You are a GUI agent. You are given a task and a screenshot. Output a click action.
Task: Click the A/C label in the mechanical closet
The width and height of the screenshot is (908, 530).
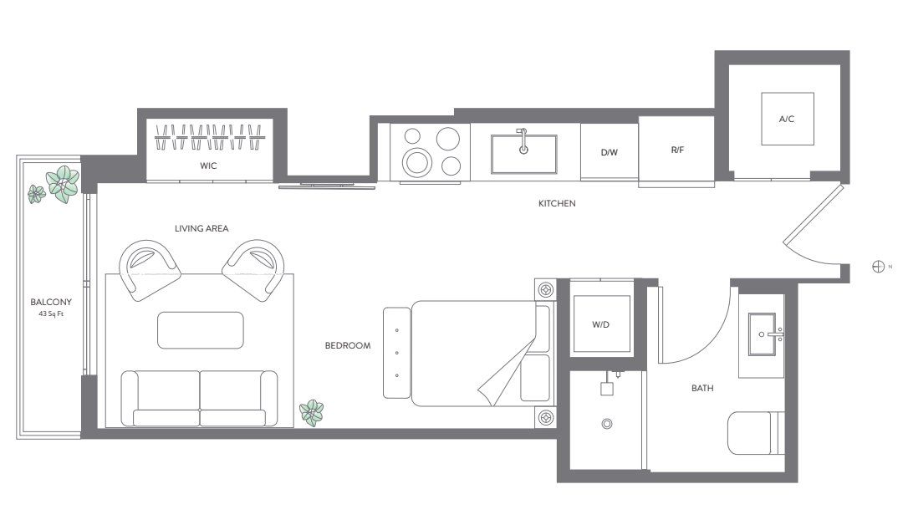click(786, 120)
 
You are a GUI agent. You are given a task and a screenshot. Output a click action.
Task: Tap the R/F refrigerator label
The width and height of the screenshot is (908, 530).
click(677, 150)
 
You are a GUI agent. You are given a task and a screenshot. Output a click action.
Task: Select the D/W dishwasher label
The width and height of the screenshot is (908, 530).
click(609, 154)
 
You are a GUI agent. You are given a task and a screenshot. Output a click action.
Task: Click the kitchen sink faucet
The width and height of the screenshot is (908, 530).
click(523, 142)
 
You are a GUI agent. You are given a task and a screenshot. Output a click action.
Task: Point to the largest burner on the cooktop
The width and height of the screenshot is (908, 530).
click(416, 160)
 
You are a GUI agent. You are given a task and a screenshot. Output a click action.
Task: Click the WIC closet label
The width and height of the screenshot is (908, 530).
click(208, 166)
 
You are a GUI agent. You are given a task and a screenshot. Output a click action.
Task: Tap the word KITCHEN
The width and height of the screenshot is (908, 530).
click(557, 203)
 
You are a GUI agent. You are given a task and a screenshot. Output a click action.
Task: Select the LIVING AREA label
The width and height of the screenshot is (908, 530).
click(201, 228)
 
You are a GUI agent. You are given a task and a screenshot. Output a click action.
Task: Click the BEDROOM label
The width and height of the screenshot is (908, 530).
click(348, 345)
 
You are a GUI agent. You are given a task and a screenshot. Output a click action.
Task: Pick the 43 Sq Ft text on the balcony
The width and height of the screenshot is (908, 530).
click(51, 313)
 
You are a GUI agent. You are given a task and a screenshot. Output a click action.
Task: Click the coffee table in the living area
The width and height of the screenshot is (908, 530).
click(201, 329)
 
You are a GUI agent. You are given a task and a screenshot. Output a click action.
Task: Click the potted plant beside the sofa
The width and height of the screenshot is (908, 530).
click(312, 411)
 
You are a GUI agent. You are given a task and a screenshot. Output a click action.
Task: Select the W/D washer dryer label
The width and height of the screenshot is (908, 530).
click(601, 325)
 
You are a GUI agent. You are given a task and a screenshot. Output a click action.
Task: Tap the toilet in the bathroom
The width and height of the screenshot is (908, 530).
click(755, 433)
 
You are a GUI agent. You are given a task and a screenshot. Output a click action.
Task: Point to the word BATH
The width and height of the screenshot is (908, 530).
click(701, 389)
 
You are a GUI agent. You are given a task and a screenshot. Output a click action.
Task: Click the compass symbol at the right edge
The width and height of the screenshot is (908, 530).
click(878, 267)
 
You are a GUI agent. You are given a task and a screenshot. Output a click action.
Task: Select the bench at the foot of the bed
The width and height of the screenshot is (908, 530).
click(396, 352)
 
